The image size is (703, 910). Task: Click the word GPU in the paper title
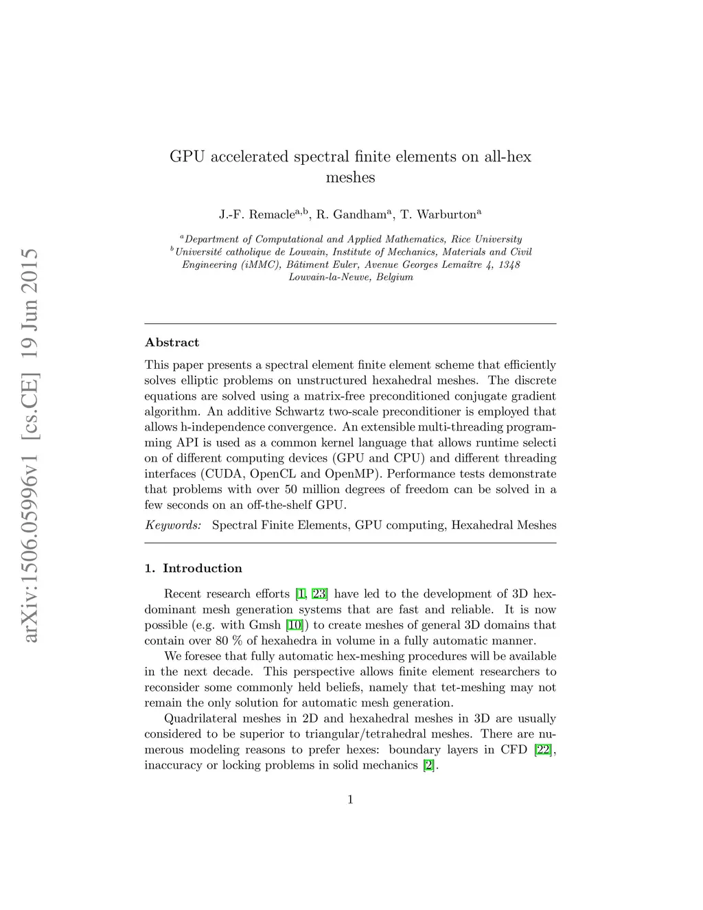pos(187,157)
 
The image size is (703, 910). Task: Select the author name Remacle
pos(271,215)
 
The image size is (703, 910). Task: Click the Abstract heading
pos(172,343)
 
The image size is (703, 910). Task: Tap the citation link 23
pos(319,594)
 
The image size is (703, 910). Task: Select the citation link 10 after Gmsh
pos(294,625)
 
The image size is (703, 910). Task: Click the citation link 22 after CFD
pos(543,749)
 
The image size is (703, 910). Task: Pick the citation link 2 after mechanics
pos(429,765)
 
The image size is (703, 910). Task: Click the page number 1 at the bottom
pos(350,799)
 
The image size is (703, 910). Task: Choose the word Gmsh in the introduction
pos(265,625)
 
